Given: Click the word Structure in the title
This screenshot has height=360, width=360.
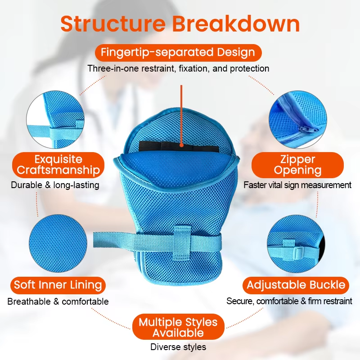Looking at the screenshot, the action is click(x=113, y=24).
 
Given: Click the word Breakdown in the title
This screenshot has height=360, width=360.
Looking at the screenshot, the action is click(x=236, y=24).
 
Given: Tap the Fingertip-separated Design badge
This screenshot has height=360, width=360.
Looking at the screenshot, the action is click(x=178, y=52).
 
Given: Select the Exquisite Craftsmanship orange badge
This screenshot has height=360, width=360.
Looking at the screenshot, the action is click(x=58, y=165).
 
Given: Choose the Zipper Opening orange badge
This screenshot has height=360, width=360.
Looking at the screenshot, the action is click(x=297, y=165).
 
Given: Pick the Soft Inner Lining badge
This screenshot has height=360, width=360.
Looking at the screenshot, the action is click(x=58, y=285).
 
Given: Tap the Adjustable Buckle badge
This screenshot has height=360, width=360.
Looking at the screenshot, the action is click(x=296, y=285).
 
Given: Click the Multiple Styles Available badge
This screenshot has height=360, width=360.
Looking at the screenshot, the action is click(x=178, y=327).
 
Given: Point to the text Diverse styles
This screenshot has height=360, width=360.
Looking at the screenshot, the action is click(x=178, y=347).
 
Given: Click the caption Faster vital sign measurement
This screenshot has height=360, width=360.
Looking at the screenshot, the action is click(x=297, y=185).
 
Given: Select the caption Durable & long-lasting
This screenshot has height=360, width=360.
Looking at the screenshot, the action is click(x=55, y=185).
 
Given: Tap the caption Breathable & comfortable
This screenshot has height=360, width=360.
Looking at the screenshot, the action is click(x=58, y=301).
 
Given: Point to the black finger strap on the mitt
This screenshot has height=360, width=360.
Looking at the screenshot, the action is click(x=179, y=147).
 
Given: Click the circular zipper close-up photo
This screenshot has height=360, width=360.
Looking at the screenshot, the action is click(x=298, y=119).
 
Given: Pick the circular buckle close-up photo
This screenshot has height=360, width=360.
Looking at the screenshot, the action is click(x=296, y=244).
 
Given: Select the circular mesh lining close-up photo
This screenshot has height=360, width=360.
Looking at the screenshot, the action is click(x=58, y=243).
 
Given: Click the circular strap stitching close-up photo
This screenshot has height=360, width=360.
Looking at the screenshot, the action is click(x=55, y=120).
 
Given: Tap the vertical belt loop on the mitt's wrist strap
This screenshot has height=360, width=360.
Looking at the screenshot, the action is click(x=183, y=243).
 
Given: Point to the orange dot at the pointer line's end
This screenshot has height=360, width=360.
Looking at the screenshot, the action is click(x=182, y=145).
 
